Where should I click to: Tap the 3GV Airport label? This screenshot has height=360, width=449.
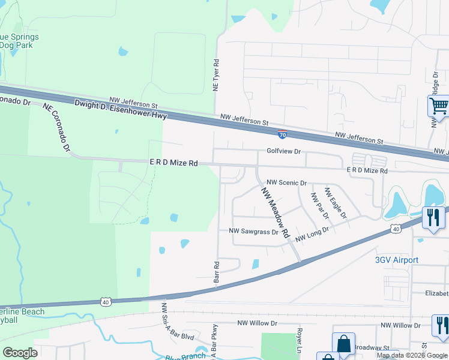pos(397,260)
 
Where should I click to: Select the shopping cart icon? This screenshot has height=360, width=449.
pos(439,107)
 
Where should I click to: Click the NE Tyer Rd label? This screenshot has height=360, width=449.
pos(215,75)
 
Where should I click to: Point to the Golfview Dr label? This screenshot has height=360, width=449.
pos(283,152)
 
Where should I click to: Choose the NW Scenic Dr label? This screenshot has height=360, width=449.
pos(287,182)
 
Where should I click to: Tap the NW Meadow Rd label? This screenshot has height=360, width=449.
pos(275,211)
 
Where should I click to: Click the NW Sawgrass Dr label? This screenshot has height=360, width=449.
pos(254,231)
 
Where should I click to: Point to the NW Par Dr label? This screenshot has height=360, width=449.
pos(320,206)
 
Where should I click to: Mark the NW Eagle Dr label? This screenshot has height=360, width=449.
pos(336,202)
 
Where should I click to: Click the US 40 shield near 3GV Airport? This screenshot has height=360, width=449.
pos(394,229)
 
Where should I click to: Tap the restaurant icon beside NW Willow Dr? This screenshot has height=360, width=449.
pos(441,325)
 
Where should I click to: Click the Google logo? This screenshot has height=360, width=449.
pos(20,352)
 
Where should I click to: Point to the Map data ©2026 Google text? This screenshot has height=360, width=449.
pos(412,355)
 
